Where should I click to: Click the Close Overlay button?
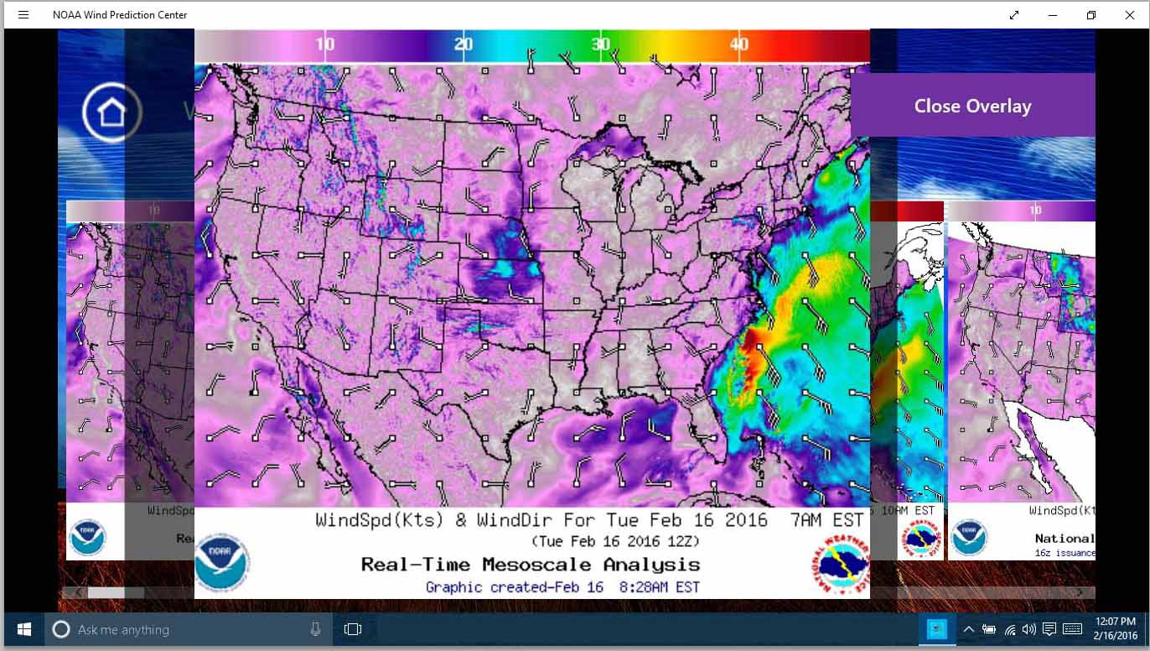[972, 106]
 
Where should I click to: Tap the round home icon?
[111, 112]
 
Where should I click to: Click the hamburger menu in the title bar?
[23, 15]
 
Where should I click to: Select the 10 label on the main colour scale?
[325, 44]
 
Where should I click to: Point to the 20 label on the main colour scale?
[464, 44]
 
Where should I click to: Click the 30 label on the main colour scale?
[601, 44]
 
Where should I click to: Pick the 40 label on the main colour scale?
[738, 44]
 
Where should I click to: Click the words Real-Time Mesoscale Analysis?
[531, 565]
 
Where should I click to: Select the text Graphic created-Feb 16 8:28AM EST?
[562, 587]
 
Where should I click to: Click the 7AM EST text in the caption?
[826, 520]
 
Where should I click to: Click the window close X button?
[1129, 15]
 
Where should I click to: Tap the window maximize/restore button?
[1090, 15]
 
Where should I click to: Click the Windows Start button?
[24, 629]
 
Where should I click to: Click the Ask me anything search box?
[184, 629]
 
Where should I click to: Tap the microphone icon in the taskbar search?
[315, 629]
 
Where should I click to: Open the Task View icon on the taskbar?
[353, 629]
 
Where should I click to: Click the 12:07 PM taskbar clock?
[1115, 622]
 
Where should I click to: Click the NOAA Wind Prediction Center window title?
[120, 15]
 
